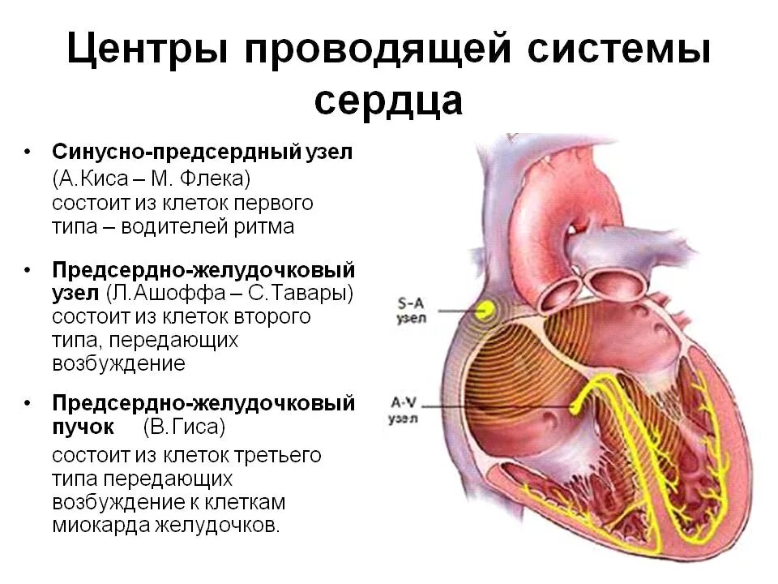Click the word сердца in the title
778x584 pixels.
(388, 101)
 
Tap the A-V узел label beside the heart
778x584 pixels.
(403, 410)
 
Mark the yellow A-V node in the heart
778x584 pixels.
(578, 404)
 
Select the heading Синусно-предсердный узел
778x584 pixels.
(203, 152)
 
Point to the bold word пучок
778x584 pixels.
(83, 427)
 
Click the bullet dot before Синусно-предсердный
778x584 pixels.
(28, 152)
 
